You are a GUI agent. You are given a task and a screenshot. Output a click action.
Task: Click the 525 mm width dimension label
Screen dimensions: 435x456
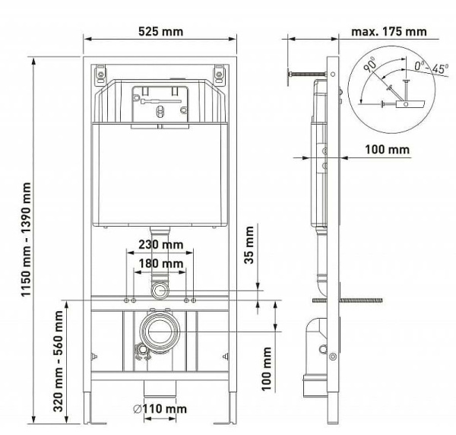click(x=160, y=32)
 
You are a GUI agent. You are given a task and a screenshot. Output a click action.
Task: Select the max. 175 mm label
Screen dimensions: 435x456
click(x=389, y=32)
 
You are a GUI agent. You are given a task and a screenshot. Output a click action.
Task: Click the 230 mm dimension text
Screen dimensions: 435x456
click(x=160, y=245)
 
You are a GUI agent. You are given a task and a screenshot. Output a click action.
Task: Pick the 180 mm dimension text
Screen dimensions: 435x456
click(x=160, y=263)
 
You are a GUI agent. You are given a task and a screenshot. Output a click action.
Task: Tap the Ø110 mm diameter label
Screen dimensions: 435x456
click(x=160, y=409)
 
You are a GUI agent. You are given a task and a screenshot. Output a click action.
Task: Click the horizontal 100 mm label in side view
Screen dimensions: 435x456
click(x=388, y=150)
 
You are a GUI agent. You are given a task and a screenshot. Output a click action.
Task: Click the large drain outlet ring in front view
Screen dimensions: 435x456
click(x=160, y=332)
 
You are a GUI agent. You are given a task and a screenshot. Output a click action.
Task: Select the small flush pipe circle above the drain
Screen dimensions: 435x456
click(x=160, y=291)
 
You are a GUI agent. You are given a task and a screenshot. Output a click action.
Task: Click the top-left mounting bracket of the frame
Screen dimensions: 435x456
click(x=100, y=74)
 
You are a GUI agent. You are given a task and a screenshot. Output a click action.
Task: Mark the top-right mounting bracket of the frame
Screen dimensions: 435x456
click(x=220, y=74)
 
